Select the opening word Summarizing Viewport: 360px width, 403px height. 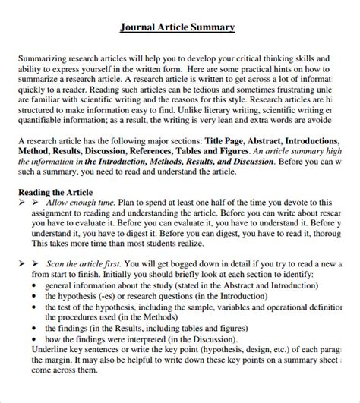pos(43,58)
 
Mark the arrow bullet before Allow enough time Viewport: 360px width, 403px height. pos(24,203)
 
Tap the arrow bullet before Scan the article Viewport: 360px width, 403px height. pos(24,263)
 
